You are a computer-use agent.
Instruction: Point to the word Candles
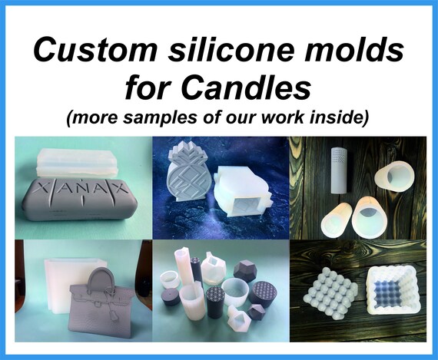pyautogui.click(x=247, y=86)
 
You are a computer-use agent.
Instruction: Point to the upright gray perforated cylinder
pyautogui.click(x=340, y=170)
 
